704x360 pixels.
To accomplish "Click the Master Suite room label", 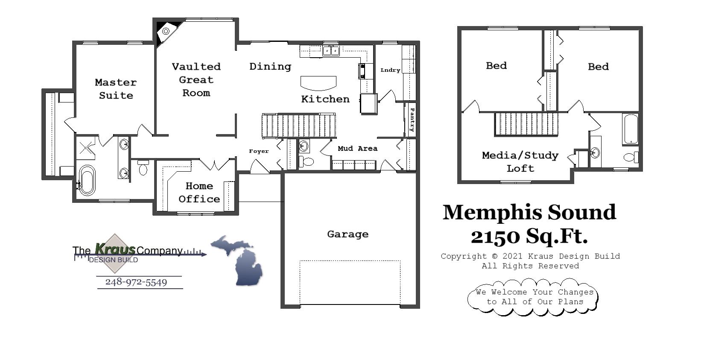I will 116,89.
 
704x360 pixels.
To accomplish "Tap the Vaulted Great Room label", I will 196,80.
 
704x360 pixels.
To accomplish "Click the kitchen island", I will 318,83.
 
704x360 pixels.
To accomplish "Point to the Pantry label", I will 412,120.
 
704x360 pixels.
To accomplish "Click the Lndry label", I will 390,70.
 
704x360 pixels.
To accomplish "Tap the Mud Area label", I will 357,149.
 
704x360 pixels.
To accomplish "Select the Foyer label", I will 259,151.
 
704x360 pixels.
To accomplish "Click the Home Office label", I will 199,193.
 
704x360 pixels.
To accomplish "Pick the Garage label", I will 348,234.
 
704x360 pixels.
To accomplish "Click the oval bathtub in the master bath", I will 87,180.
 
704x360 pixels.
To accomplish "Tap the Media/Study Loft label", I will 520,162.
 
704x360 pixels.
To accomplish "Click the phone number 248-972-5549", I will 136,282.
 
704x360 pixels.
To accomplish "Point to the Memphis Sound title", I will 529,212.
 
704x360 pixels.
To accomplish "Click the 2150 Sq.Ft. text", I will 529,236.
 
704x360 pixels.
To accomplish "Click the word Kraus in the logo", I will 115,249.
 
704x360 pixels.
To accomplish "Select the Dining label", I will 270,67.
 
